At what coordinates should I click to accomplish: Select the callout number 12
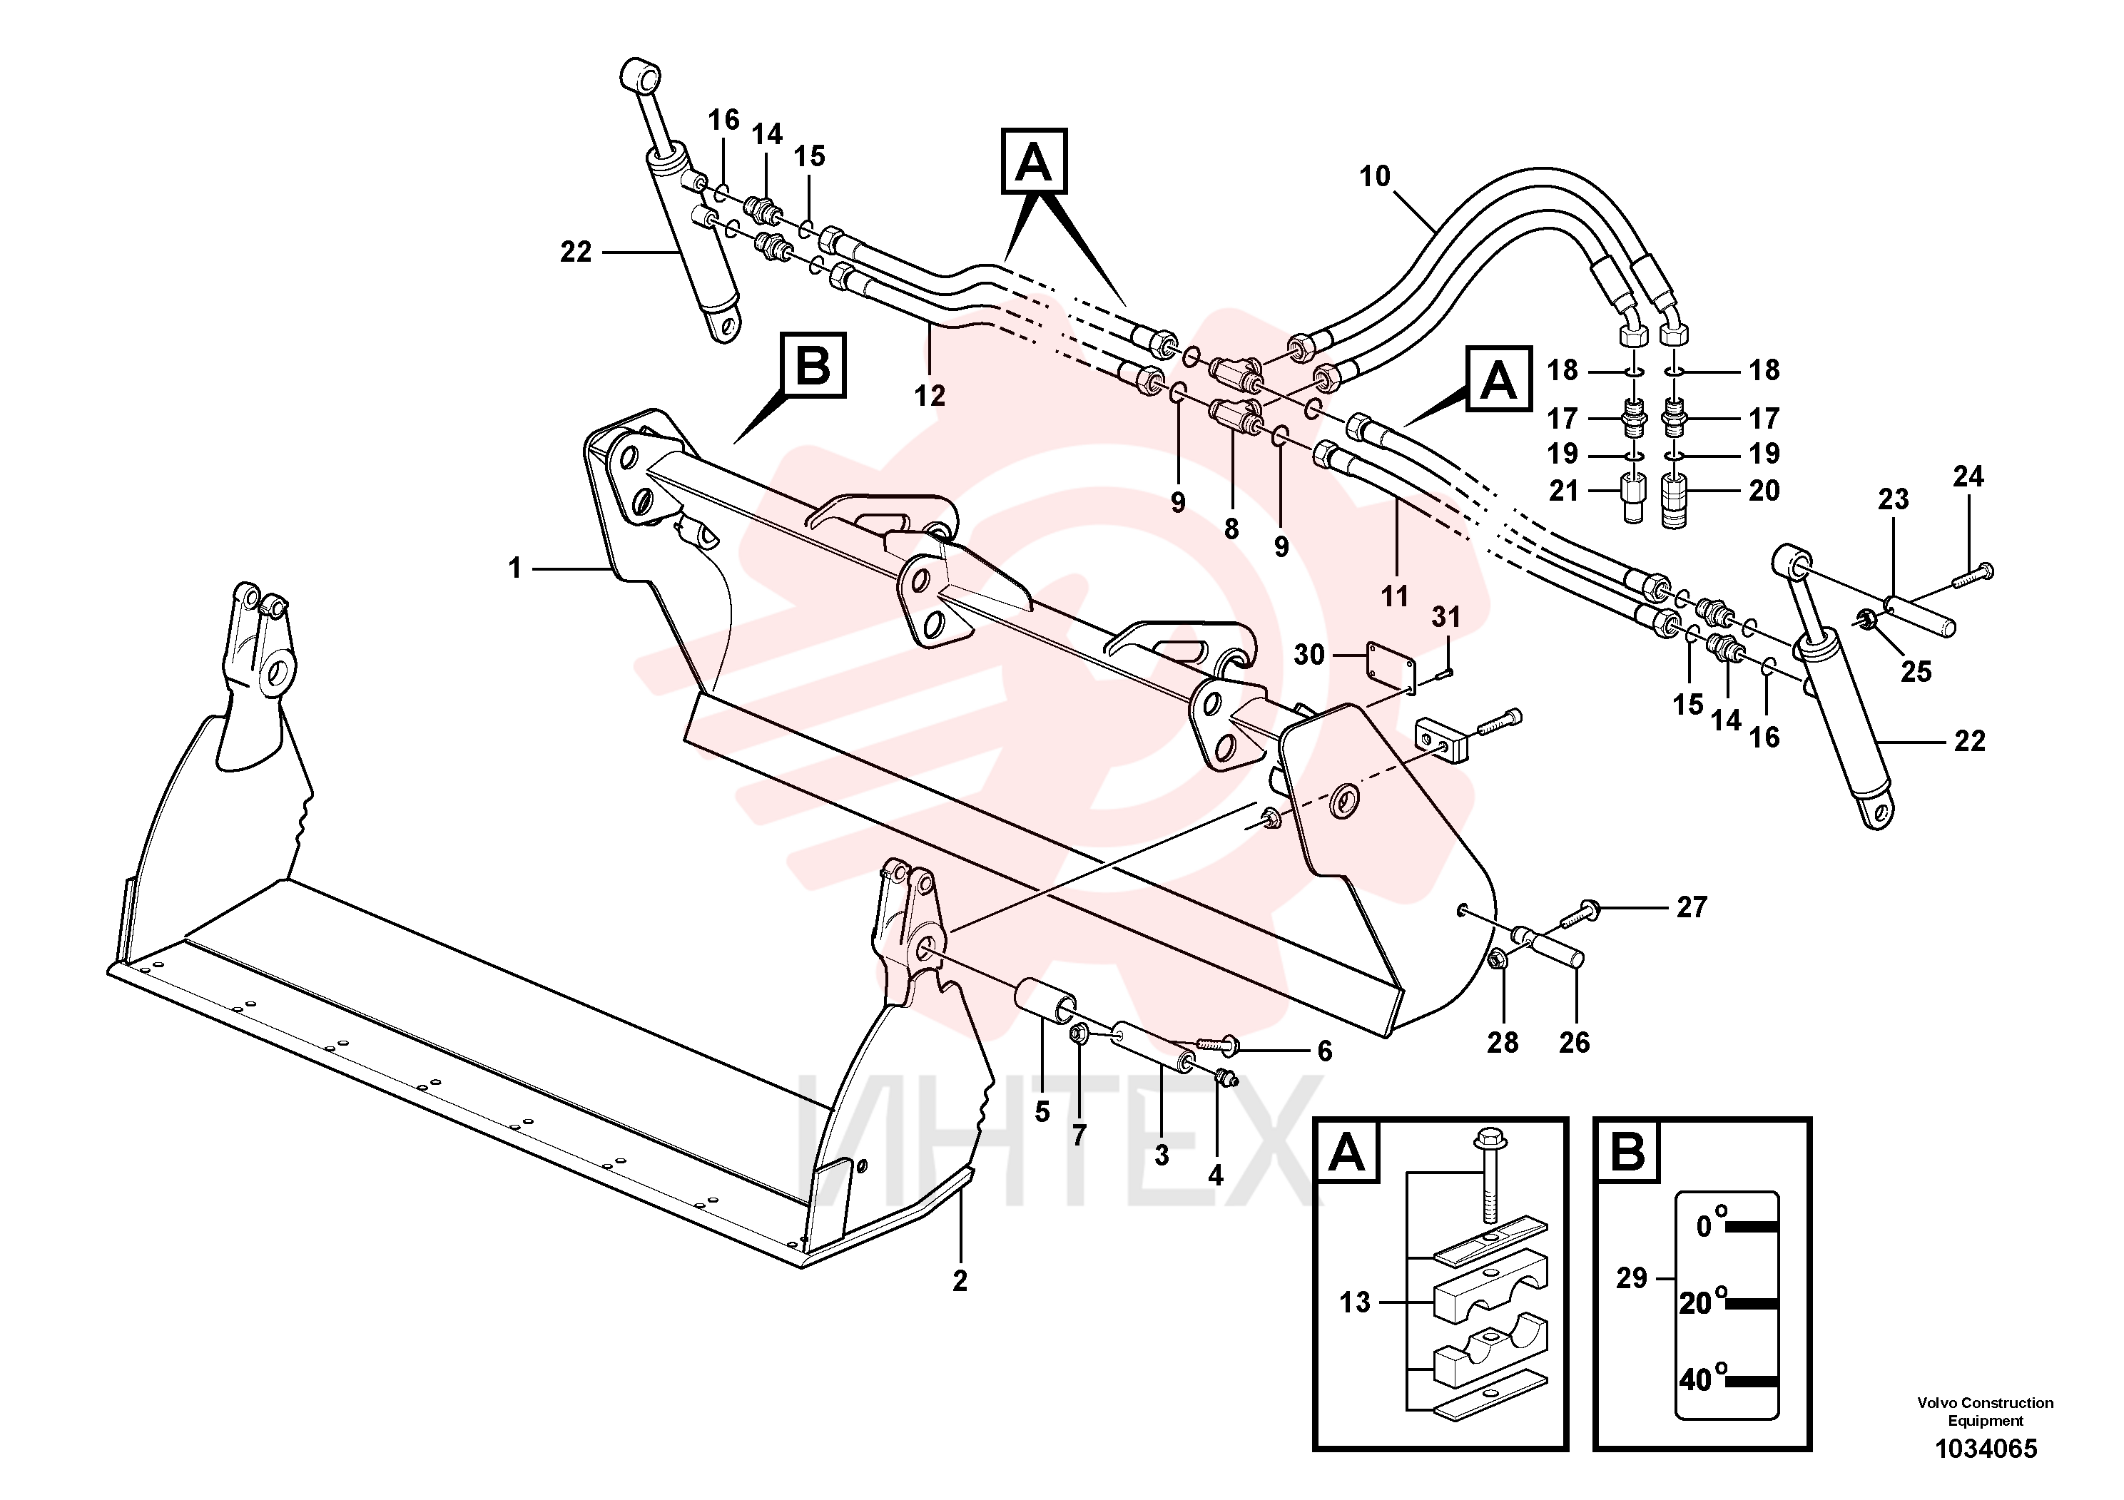930,396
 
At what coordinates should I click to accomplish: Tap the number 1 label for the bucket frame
515,568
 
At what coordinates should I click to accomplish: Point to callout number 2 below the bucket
960,1281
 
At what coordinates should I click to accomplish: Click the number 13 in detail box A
1356,1302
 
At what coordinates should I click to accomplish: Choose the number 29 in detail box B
1632,1278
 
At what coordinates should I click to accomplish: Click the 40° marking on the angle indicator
1703,1379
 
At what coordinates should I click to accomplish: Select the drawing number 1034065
1986,1448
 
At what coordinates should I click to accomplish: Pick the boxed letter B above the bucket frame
813,364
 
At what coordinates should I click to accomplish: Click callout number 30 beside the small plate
1309,655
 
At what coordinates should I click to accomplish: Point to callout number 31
1446,616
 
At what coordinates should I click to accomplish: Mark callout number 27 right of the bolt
1692,907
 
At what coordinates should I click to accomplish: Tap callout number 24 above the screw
1968,476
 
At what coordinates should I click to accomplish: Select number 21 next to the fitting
1563,490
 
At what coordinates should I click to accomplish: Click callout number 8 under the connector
1231,529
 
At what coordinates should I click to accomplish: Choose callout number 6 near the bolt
1325,1051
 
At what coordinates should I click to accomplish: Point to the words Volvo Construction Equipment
1986,1412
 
